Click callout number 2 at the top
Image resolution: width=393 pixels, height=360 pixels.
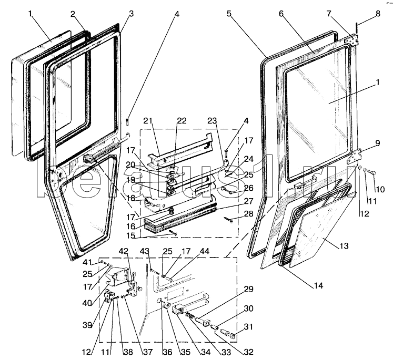pyautogui.click(x=73, y=14)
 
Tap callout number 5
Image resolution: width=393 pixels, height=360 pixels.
pyautogui.click(x=229, y=14)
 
